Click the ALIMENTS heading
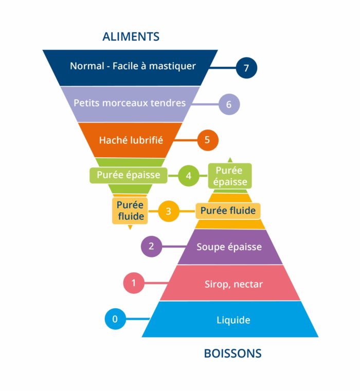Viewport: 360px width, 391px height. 131,36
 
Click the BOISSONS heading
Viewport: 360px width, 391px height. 232,353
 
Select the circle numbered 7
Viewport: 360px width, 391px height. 246,68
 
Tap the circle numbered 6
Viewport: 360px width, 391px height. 229,104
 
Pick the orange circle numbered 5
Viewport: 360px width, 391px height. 207,140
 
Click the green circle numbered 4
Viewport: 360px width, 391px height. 189,176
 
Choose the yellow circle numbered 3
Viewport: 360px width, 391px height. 168,211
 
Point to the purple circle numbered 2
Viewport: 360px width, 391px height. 151,246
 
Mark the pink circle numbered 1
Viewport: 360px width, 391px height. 134,283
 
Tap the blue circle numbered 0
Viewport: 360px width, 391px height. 115,319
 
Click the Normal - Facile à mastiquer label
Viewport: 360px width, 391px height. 133,66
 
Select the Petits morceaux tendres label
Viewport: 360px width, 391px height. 130,103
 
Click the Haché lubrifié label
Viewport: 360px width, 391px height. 131,139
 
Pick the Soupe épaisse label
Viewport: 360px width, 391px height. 229,247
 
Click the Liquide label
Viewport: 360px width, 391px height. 233,320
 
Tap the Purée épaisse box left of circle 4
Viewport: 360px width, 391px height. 129,175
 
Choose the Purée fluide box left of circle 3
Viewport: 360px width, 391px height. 130,211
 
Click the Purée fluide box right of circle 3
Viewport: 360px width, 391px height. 228,211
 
